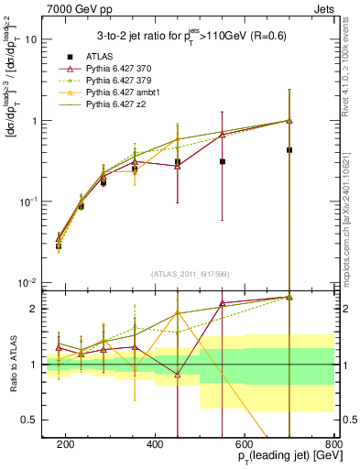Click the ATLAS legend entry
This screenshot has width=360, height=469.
(x=102, y=58)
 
